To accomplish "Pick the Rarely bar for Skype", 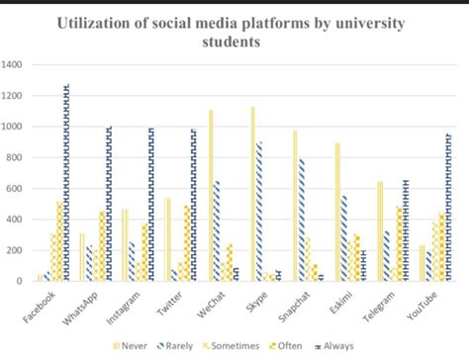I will (x=259, y=212).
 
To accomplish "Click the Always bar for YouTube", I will (x=449, y=208).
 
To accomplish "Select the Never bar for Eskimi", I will (x=337, y=212).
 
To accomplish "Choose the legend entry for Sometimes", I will (x=232, y=344).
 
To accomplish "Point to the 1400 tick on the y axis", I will (x=13, y=65).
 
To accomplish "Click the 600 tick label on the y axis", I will (x=15, y=188).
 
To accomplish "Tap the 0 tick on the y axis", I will (x=19, y=281).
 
